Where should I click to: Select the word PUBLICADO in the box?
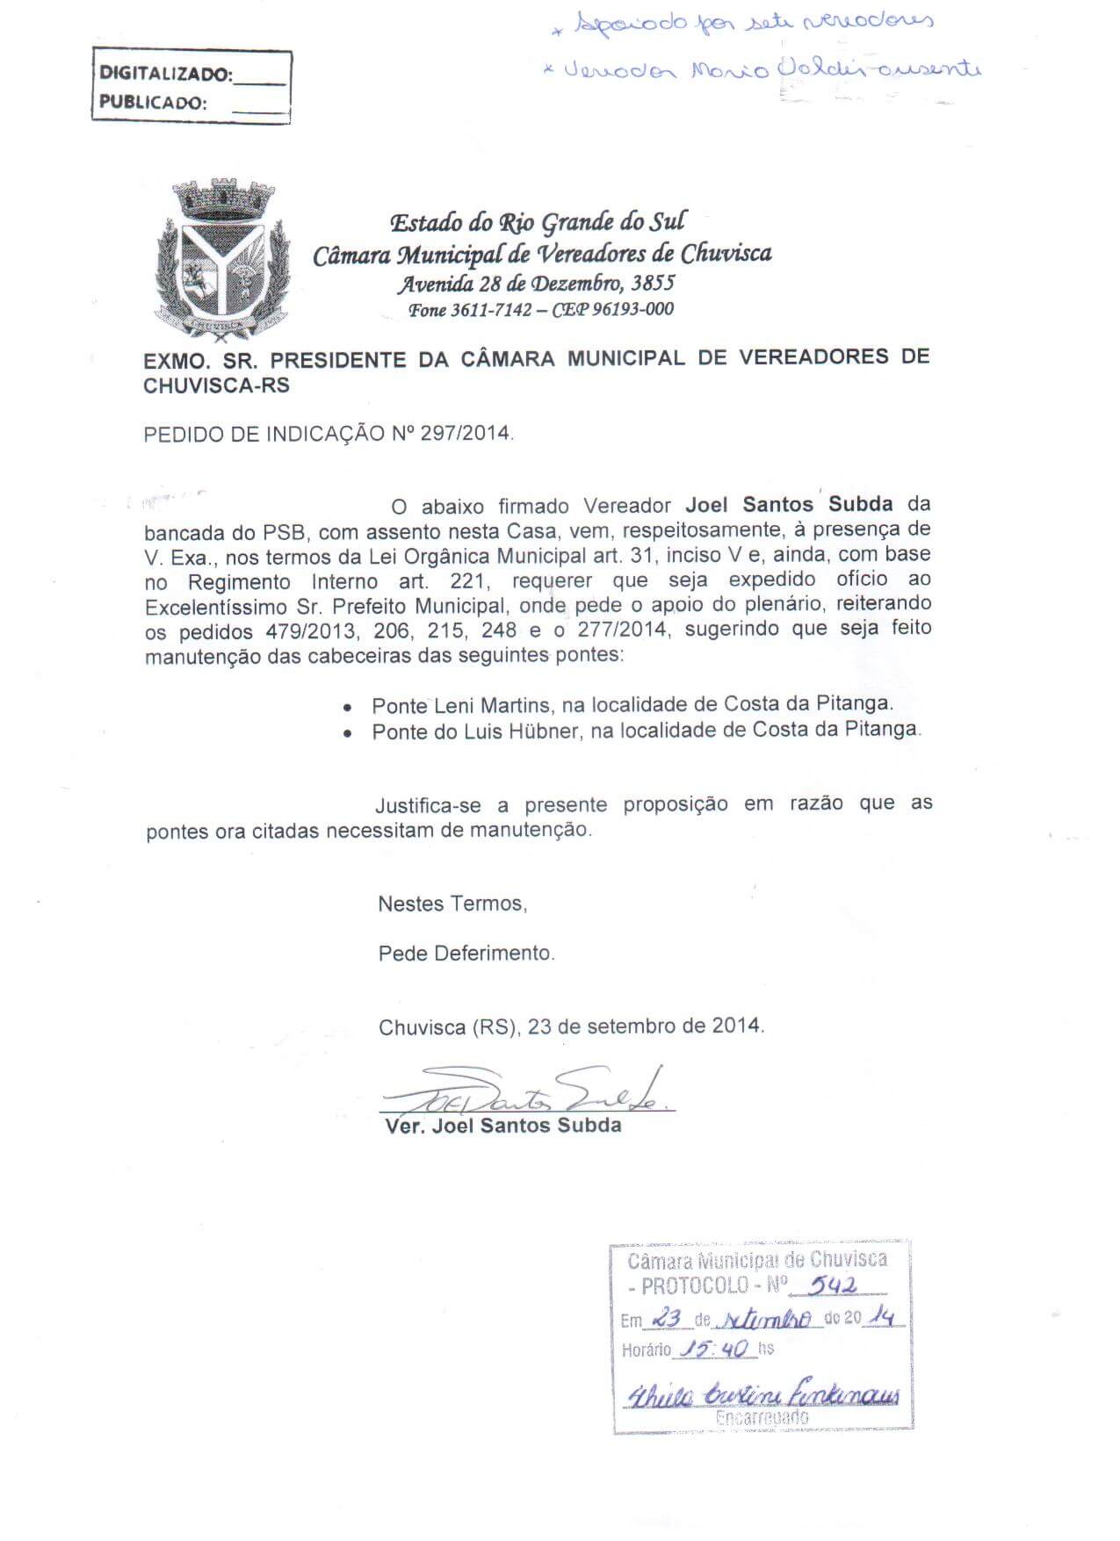tap(153, 102)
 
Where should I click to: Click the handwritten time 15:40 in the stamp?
tap(715, 1350)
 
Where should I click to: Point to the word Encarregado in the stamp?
tap(762, 1417)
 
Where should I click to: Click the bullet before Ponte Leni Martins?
tap(350, 707)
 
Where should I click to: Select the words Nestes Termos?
tap(452, 904)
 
